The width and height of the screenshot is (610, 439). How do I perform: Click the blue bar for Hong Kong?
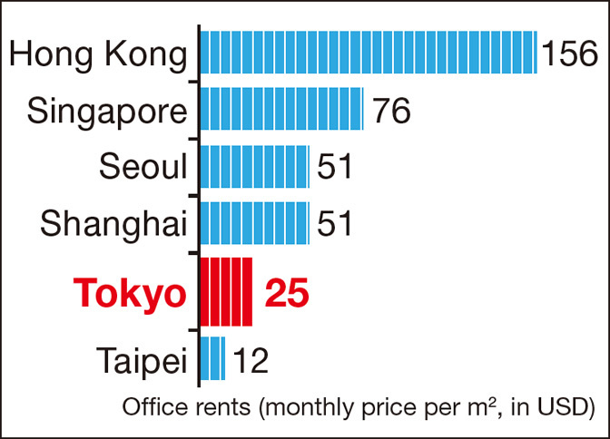click(368, 54)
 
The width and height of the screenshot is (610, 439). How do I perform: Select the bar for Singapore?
click(281, 110)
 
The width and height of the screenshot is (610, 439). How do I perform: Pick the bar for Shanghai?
click(254, 222)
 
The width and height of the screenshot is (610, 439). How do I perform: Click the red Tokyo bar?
click(225, 291)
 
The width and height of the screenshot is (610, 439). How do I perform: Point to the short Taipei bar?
click(212, 358)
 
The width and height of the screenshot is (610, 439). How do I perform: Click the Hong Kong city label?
click(98, 55)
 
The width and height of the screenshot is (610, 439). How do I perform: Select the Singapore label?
click(107, 112)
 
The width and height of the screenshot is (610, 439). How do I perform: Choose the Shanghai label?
click(113, 223)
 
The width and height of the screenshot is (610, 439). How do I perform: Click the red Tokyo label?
click(131, 292)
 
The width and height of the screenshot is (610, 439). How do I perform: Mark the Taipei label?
click(138, 360)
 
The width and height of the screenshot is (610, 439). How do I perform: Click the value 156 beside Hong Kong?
click(570, 55)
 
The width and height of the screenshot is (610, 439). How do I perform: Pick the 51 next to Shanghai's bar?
click(334, 223)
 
